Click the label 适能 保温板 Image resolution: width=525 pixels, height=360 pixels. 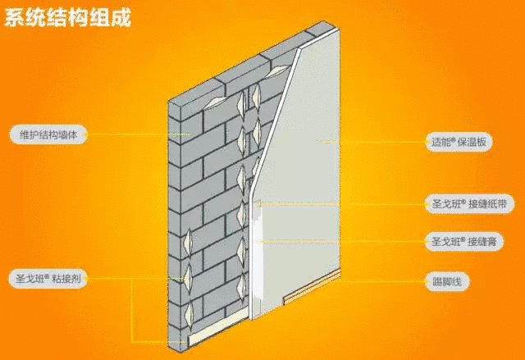(459, 142)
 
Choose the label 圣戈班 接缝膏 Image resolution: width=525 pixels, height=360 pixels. (463, 241)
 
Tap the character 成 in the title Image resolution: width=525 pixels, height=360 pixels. (121, 18)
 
